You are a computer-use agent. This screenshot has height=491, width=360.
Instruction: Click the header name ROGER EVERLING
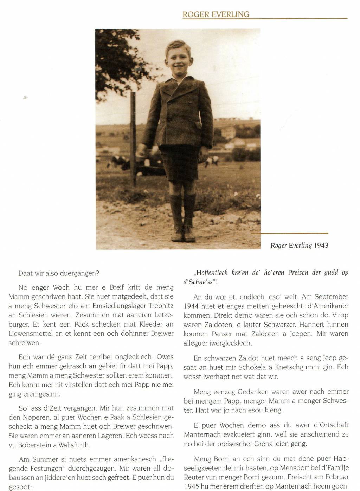[216, 14]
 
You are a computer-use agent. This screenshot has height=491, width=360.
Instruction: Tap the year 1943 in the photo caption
[321, 245]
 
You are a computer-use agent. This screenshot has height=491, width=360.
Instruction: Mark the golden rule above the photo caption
[290, 233]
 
